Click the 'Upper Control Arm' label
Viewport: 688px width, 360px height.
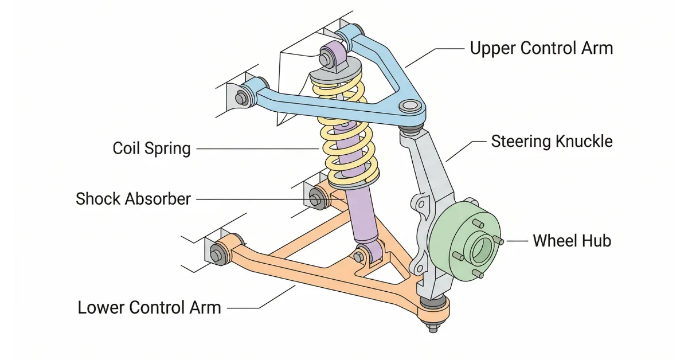pos(541,48)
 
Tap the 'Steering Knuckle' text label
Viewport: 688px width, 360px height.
pos(552,141)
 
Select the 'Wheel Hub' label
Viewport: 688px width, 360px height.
pos(572,241)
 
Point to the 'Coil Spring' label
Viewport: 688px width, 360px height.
pos(151,148)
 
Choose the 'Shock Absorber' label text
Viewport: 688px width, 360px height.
pos(133,199)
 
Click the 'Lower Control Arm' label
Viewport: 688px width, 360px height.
pos(149,307)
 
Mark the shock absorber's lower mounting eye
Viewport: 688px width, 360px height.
pos(363,253)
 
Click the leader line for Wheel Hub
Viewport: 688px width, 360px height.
pos(516,241)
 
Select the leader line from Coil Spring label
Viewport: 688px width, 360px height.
pos(258,149)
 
